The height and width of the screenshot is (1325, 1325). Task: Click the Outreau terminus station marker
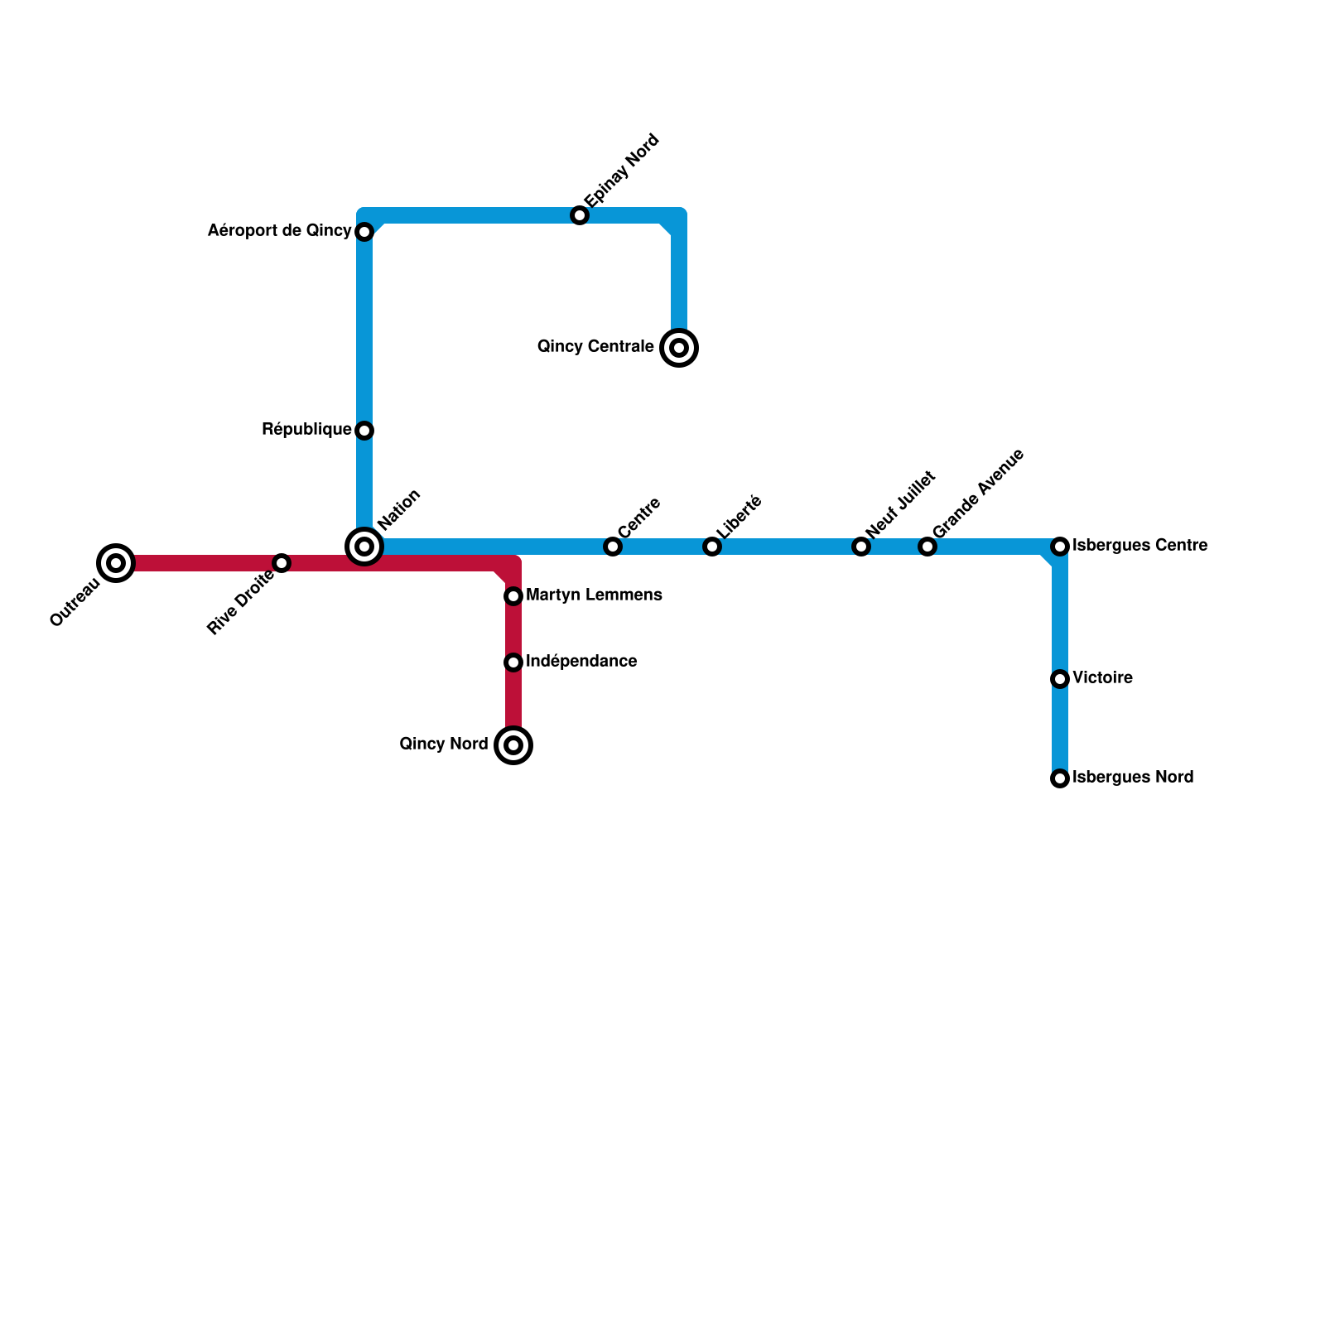click(116, 563)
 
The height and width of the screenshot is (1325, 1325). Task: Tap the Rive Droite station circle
click(282, 563)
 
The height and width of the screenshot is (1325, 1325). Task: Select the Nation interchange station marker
click(364, 547)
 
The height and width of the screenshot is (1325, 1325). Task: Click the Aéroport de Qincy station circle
click(364, 232)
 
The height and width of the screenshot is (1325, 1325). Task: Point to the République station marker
click(364, 431)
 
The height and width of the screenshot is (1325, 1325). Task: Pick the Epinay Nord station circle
click(580, 215)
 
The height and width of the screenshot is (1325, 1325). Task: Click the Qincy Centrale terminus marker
click(679, 348)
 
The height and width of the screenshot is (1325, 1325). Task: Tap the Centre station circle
click(613, 547)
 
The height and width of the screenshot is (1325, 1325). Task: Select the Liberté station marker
click(712, 547)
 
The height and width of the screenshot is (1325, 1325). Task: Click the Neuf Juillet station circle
click(861, 547)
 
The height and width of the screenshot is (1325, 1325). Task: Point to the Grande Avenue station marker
click(927, 547)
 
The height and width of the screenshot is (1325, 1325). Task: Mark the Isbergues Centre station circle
click(1060, 547)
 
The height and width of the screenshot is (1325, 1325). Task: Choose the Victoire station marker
click(1060, 679)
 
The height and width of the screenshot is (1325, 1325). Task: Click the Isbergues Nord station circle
click(1060, 778)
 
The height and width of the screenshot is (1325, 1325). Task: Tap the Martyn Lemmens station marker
click(513, 596)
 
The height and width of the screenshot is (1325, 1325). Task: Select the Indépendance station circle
click(513, 662)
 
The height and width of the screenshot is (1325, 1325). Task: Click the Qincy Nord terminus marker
click(513, 745)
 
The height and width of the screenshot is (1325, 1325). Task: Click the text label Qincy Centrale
click(595, 347)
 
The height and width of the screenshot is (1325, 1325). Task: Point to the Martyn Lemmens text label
click(594, 595)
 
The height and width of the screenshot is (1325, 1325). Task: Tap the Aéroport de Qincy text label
click(279, 231)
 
